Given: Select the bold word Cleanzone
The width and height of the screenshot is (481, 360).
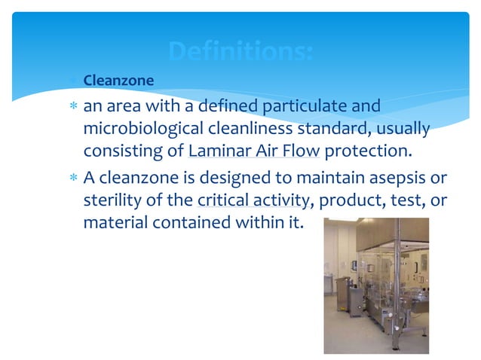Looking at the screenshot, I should (118, 80).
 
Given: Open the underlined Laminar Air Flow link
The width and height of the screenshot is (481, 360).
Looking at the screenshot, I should (255, 151).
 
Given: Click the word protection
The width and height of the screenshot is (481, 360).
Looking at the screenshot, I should (369, 151).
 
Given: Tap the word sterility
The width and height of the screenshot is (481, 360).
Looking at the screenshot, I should (113, 200).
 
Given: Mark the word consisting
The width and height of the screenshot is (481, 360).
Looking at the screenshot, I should (124, 151).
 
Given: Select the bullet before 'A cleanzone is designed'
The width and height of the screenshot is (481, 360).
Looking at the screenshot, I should (73, 179).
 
